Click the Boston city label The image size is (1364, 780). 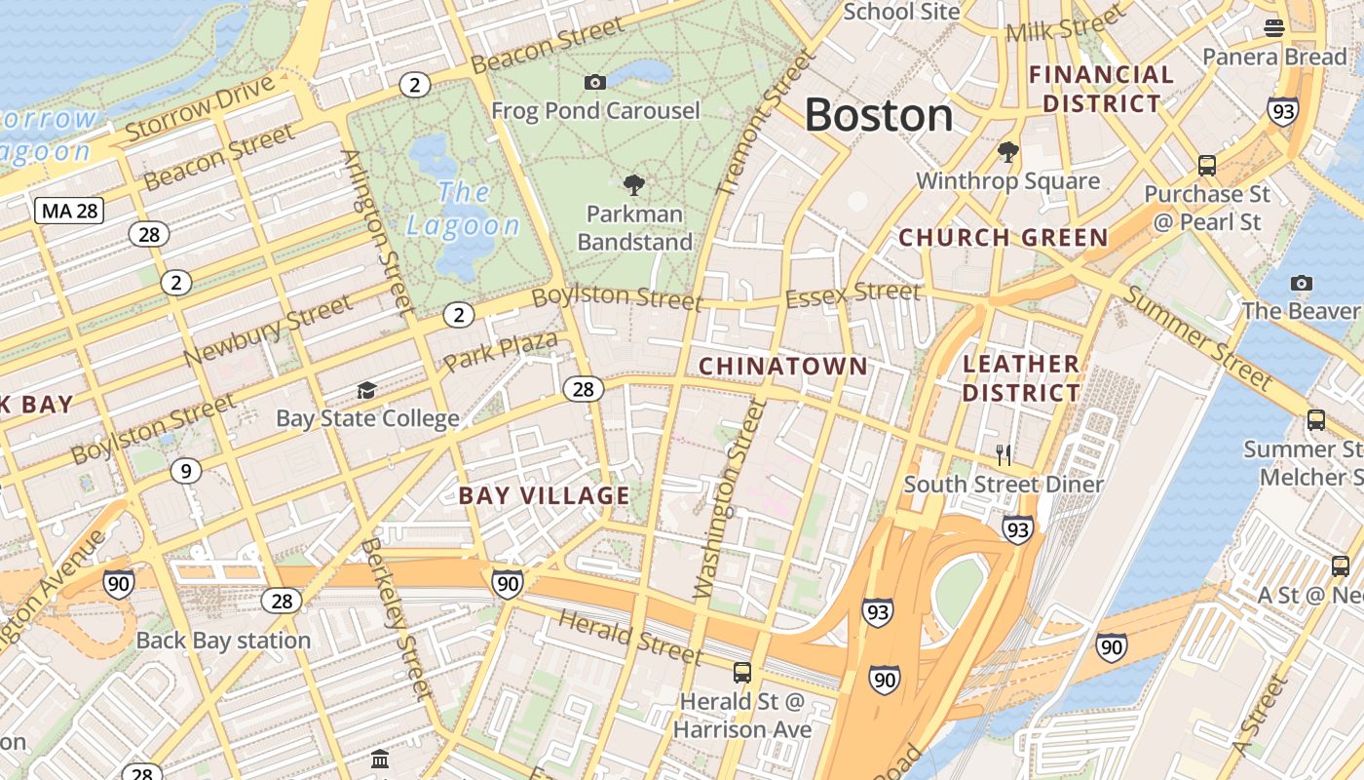coord(878,115)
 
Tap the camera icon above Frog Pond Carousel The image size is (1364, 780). coord(594,82)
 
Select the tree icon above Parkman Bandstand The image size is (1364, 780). coord(634,184)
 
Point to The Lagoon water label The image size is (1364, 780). coord(463,209)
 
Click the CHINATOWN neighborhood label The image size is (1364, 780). coord(782,366)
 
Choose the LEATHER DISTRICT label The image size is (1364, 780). coord(1021,378)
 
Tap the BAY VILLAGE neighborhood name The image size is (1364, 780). coord(544,495)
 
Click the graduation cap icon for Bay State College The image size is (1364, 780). coord(366,390)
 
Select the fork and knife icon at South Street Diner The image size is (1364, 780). coord(1004,454)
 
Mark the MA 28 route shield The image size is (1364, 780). coord(69,211)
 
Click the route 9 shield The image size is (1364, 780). coord(185,471)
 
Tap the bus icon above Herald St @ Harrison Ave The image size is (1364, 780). coord(742,672)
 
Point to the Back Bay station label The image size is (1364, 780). coord(223,641)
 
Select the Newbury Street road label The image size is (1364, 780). coord(268,331)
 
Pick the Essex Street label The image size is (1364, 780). coord(852,293)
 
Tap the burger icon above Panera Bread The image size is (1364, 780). coord(1273,27)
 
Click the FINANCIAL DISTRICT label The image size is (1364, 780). coord(1101,89)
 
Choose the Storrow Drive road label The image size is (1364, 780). coord(201,108)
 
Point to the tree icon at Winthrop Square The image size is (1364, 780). coord(1008,151)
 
